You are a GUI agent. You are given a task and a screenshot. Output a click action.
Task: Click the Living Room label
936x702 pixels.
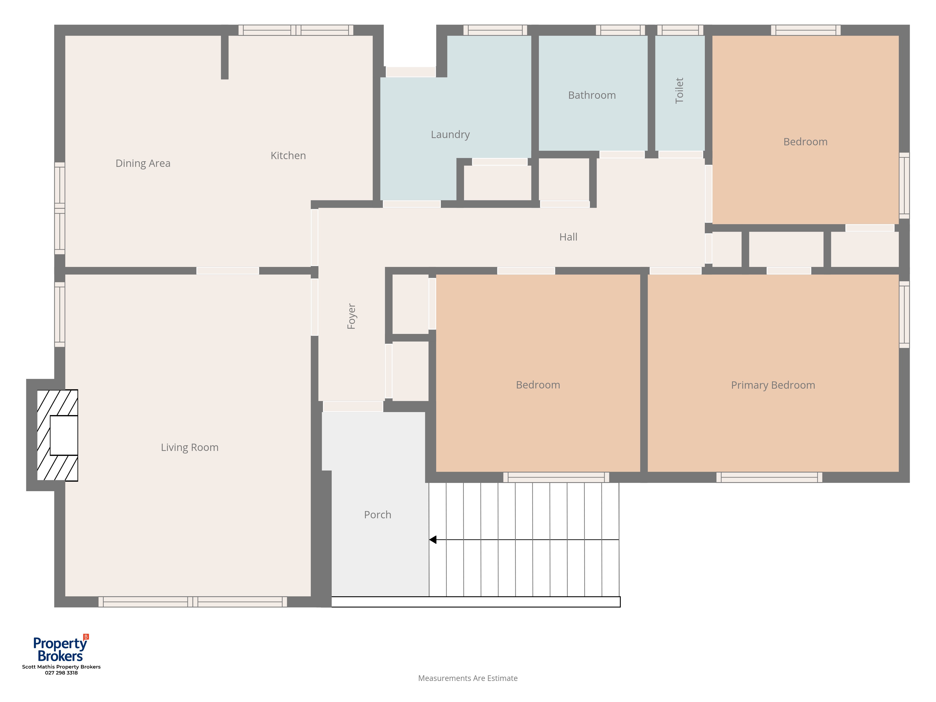coord(190,447)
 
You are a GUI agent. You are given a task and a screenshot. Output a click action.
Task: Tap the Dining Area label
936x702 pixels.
coord(143,163)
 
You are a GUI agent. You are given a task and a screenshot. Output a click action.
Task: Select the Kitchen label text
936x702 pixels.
coord(288,155)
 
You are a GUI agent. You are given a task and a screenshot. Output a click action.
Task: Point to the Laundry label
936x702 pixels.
coord(450,135)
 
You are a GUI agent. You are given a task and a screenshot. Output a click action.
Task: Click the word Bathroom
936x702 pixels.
coord(592,95)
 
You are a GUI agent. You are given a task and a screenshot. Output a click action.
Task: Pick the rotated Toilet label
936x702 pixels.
coord(679,91)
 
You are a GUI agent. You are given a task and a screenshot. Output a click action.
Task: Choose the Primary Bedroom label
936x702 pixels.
coord(773,385)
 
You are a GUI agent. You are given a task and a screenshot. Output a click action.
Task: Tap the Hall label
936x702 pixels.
coord(568,237)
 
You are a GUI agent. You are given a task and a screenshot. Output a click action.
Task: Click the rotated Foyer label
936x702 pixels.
coord(351,316)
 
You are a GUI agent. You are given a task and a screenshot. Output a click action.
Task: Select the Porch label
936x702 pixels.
coord(377,515)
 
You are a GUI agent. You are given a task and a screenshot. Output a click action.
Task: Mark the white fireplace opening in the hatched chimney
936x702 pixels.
coord(64,435)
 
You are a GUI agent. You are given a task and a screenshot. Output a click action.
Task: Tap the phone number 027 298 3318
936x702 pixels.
coord(61,673)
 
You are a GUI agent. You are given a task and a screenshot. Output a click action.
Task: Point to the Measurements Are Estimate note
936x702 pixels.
coord(468,678)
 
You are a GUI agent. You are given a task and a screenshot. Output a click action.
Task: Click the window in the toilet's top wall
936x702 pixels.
coord(680,30)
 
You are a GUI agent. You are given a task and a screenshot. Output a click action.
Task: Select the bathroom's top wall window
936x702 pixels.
coord(620,30)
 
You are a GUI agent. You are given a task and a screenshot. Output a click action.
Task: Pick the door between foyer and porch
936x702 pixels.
coord(353,406)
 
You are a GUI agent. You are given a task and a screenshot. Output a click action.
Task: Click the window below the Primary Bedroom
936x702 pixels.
coord(769,477)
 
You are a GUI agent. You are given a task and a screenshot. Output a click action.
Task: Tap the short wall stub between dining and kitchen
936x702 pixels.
coord(225,57)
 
